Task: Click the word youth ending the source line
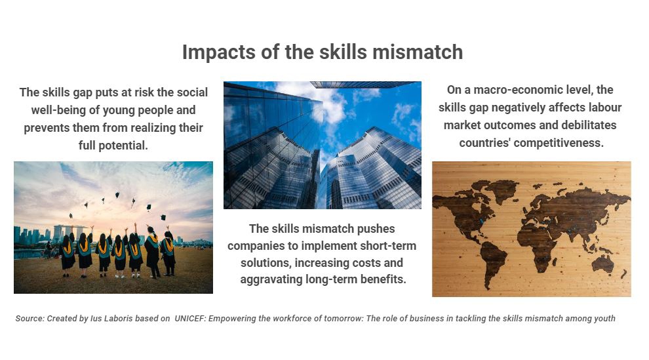pyautogui.click(x=604, y=319)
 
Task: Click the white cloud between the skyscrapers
pyautogui.click(x=331, y=104)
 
